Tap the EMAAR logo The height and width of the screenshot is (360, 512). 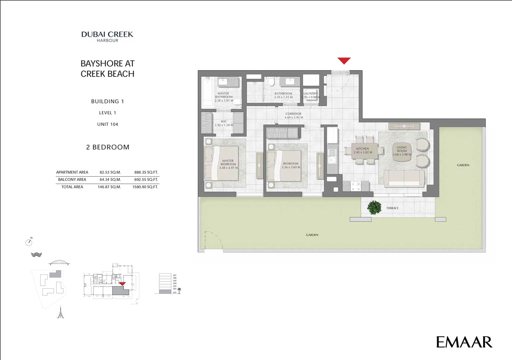(464, 342)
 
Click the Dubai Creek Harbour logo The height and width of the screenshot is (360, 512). (107, 37)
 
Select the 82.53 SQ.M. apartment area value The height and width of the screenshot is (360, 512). (110, 172)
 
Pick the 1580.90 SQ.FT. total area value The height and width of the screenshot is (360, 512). (145, 187)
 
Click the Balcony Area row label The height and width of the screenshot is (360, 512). (72, 180)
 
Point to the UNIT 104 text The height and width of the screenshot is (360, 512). (107, 124)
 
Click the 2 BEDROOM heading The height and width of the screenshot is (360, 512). (108, 147)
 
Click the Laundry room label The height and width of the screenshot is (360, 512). (311, 95)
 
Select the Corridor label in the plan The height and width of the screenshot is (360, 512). (294, 116)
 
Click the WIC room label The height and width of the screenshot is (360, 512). (224, 123)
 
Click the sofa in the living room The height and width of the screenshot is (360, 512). (404, 179)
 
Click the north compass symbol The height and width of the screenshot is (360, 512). (29, 242)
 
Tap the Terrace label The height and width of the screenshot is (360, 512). (392, 208)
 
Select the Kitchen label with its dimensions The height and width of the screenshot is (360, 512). (362, 150)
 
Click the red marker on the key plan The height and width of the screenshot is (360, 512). (122, 284)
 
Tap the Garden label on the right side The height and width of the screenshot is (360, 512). (463, 165)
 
